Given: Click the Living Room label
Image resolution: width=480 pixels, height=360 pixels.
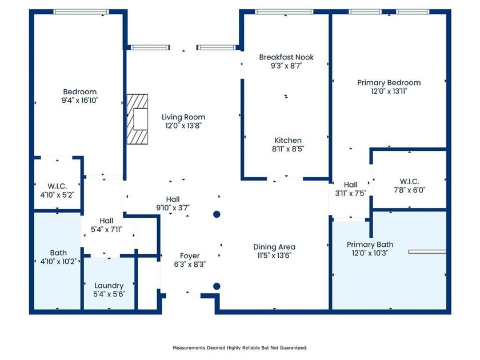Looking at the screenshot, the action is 183,117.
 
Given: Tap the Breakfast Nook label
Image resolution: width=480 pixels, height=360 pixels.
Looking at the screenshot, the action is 286,57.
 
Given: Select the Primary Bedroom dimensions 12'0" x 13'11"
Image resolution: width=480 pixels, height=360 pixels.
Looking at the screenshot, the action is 389,91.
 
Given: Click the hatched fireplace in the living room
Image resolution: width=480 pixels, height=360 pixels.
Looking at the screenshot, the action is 138,119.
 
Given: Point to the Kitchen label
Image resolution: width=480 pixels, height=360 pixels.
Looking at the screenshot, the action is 288,140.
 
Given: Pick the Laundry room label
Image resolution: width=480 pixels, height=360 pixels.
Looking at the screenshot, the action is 109,286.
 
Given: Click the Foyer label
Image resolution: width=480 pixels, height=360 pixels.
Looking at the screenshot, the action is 190,256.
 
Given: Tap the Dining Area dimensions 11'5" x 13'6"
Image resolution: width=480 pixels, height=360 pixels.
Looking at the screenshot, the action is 274,255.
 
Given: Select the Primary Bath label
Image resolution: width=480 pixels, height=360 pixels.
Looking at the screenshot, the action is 370,245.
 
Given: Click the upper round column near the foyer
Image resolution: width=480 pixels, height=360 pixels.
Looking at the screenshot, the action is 217,214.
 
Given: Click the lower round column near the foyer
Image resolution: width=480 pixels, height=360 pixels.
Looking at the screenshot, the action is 217,286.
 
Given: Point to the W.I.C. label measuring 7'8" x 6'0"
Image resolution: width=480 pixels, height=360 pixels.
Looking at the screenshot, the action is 409,181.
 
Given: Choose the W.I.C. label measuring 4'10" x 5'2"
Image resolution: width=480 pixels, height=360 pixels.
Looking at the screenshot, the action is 57,186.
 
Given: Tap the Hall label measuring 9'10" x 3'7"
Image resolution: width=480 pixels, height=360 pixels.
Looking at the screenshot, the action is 173,199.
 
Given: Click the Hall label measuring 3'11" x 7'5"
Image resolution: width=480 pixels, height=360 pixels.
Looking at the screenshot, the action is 350,185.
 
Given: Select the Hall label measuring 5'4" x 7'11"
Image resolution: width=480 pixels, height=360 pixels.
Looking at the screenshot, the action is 106,221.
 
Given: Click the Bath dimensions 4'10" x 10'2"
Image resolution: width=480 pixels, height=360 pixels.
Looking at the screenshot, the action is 58,262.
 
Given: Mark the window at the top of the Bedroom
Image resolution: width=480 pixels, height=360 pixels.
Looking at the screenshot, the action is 81,11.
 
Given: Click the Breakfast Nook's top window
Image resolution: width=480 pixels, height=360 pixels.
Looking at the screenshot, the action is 284,11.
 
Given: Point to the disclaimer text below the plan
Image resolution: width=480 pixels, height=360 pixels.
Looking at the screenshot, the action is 240,348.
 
